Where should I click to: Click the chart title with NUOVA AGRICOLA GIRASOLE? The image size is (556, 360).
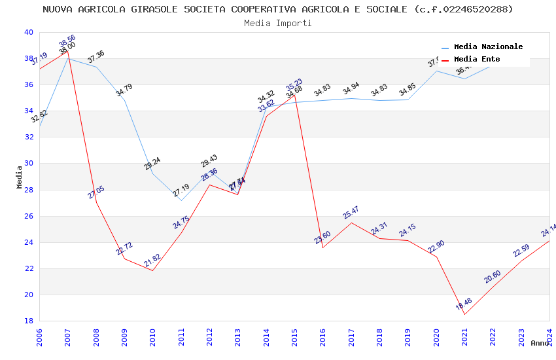[x=278, y=9]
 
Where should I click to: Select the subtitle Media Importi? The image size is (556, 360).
[x=278, y=23]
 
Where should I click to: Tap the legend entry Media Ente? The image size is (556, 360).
[x=477, y=59]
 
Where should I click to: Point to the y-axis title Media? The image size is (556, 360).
[x=20, y=177]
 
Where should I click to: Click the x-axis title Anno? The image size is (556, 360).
[x=540, y=343]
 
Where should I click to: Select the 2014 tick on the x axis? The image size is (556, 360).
[x=266, y=336]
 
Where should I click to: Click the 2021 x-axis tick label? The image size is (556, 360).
[x=464, y=336]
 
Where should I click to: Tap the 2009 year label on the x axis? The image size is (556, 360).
[x=124, y=336]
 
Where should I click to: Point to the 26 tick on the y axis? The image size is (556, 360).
[x=29, y=216]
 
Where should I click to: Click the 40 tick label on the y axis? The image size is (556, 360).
[x=29, y=32]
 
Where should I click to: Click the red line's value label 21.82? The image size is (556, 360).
[x=152, y=261]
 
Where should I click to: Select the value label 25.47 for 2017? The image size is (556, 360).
[x=351, y=213]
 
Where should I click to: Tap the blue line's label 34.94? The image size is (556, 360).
[x=351, y=88]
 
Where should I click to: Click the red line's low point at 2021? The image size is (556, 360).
[x=464, y=315]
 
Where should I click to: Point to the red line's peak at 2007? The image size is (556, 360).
[x=67, y=51]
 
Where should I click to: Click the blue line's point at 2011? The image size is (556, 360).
[x=181, y=200]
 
